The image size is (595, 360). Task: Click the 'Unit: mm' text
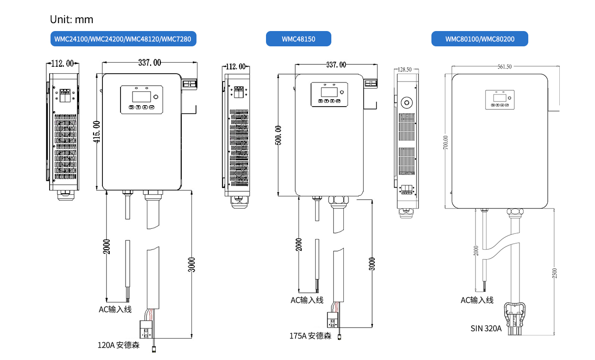[x=71, y=19]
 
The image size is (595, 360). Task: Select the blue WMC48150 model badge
[x=298, y=39]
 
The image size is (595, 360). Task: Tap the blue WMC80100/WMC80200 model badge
[x=480, y=39]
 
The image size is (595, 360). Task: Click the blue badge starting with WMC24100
[x=123, y=39]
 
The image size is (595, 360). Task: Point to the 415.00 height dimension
[x=97, y=132]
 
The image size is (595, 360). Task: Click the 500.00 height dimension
[x=278, y=135]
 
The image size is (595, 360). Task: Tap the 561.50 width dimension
[x=505, y=67]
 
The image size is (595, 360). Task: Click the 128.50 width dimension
[x=405, y=69]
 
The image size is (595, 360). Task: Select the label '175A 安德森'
[x=310, y=336]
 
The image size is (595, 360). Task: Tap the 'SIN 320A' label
[x=486, y=328]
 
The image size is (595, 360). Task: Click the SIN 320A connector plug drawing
[x=515, y=317]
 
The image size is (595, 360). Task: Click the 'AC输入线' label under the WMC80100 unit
[x=477, y=300]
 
